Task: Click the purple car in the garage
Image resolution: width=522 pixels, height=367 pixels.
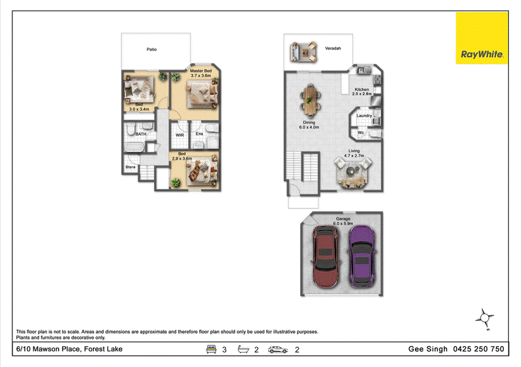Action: pyautogui.click(x=362, y=256)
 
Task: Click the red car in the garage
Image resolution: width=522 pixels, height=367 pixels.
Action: pyautogui.click(x=326, y=257)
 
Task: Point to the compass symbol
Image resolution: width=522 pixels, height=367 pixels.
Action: pyautogui.click(x=485, y=319)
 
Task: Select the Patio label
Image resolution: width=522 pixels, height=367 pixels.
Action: pyautogui.click(x=151, y=50)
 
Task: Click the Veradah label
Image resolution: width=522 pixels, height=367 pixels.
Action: pyautogui.click(x=333, y=48)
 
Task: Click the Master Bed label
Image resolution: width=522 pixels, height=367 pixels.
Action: pyautogui.click(x=201, y=71)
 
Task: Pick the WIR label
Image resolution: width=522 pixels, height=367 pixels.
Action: pyautogui.click(x=180, y=135)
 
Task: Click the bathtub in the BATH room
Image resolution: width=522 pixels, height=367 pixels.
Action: pyautogui.click(x=134, y=147)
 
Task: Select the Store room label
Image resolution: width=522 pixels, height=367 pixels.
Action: pyautogui.click(x=130, y=167)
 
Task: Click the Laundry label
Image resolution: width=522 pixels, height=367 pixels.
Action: pyautogui.click(x=364, y=116)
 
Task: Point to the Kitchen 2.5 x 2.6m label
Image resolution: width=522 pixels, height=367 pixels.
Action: pyautogui.click(x=362, y=91)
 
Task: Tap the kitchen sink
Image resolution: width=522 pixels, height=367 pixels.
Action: pyautogui.click(x=364, y=70)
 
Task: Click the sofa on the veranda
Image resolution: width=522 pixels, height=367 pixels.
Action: pyautogui.click(x=294, y=52)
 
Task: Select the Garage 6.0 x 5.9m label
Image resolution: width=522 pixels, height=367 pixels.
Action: pyautogui.click(x=343, y=221)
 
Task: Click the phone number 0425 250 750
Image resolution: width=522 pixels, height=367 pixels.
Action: pyautogui.click(x=478, y=349)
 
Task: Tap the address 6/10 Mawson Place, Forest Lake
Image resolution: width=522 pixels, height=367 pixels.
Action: pyautogui.click(x=69, y=349)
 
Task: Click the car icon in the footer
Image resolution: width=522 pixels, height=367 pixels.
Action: pyautogui.click(x=278, y=349)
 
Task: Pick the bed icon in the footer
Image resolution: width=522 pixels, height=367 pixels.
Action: pyautogui.click(x=211, y=349)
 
